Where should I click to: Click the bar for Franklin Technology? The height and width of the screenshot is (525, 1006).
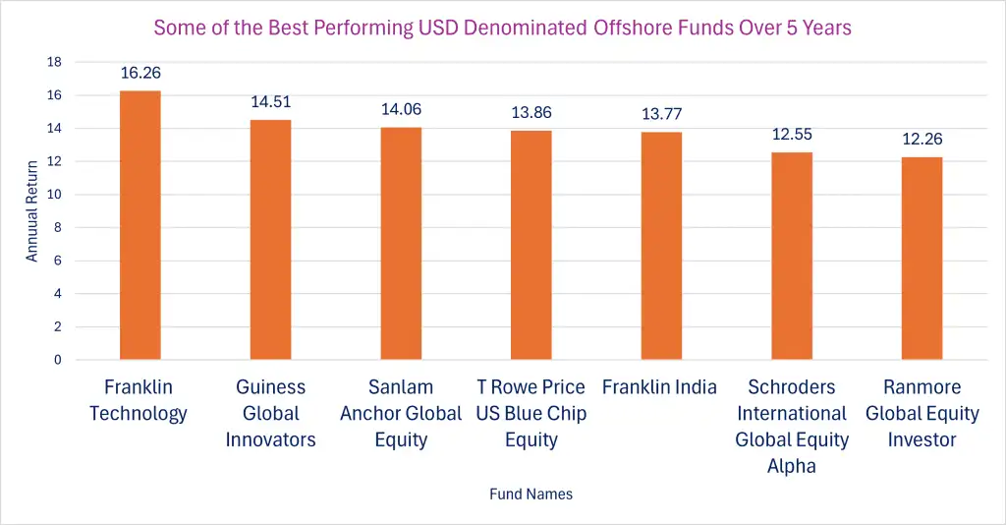point(140,225)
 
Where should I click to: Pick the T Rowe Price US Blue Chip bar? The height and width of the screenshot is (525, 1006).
point(531,245)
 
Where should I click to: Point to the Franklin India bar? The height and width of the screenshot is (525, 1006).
point(661,246)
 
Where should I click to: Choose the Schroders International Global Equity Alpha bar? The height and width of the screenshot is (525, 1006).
point(792,256)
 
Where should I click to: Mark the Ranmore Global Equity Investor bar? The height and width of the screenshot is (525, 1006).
point(922,259)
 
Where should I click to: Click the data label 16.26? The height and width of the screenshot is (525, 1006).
point(140,73)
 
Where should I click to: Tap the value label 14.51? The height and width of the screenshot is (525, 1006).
point(270,101)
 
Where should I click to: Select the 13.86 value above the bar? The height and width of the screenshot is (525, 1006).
point(531,112)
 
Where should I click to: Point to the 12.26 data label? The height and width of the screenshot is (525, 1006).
point(922,139)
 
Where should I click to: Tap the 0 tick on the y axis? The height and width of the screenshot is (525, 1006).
point(57,360)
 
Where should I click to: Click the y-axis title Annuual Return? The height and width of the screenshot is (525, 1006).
point(32,210)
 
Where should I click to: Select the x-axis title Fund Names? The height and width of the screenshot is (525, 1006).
point(531,494)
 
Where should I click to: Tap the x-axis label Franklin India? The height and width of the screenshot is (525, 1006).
point(659,386)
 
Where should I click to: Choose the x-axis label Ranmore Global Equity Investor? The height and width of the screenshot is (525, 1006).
point(922,413)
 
